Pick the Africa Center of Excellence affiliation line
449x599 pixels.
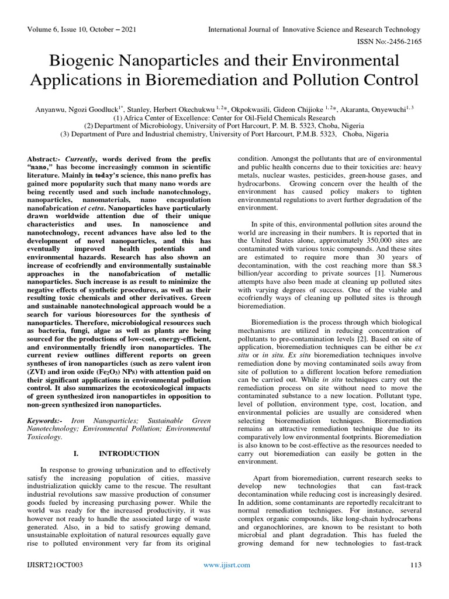[x=224, y=116]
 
